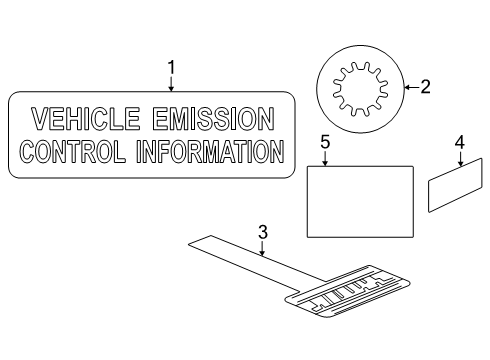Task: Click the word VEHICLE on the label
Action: coord(85,121)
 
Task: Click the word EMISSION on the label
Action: coord(212,121)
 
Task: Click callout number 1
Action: coord(171,67)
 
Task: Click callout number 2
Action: coord(425,87)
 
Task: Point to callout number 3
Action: coord(263,233)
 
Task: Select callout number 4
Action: coord(459,142)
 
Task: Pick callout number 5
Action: coord(325,142)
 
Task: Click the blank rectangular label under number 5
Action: coord(359,201)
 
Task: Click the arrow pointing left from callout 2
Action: coord(409,88)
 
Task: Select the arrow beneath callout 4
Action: coord(459,160)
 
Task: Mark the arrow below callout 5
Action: coord(325,158)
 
